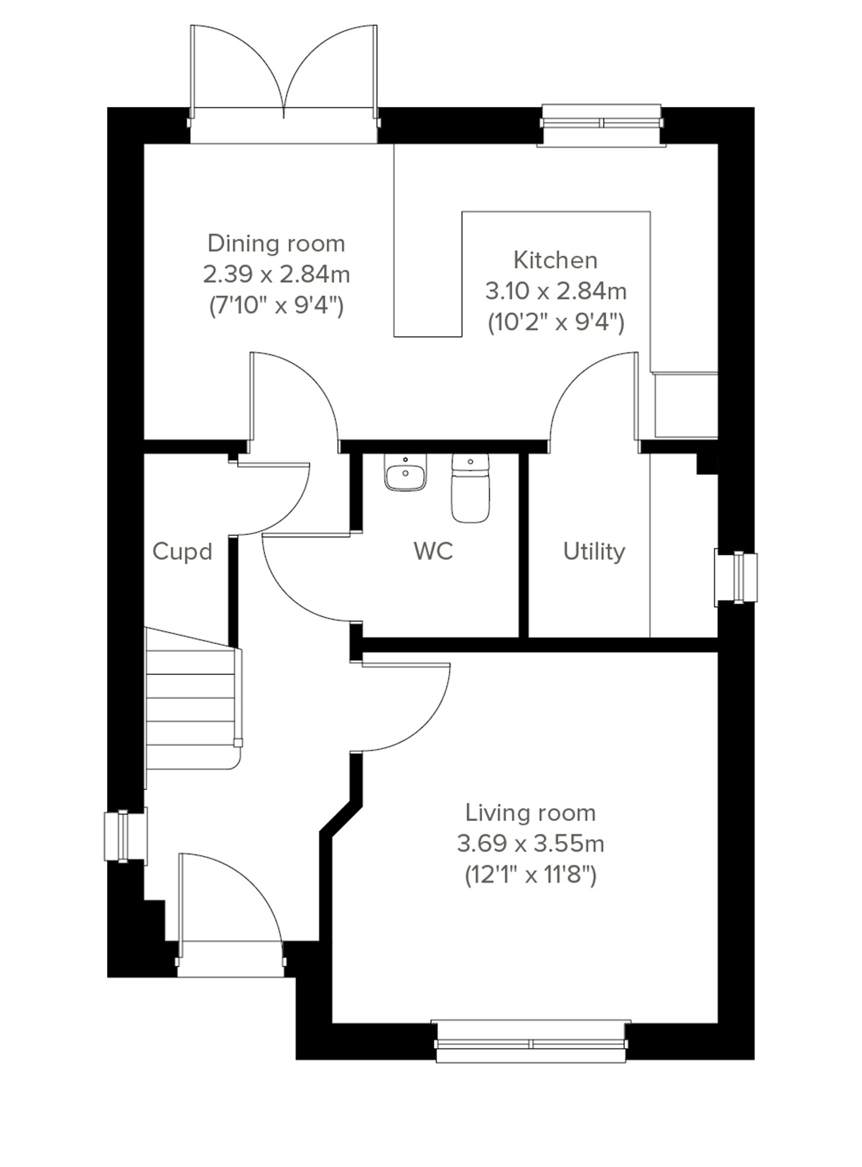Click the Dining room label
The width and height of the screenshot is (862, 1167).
(x=276, y=243)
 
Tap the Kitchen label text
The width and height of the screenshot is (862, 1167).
(x=555, y=260)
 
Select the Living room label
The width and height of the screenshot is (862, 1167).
(x=530, y=813)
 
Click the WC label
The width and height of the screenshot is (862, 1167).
(x=433, y=552)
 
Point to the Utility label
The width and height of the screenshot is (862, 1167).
(x=593, y=552)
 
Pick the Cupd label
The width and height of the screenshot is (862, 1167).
(x=182, y=552)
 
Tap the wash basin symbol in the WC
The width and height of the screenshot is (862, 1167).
(x=406, y=474)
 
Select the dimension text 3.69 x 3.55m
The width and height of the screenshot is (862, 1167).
(x=530, y=844)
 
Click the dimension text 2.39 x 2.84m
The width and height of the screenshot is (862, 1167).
(x=276, y=274)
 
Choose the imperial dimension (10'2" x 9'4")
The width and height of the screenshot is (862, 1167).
(x=555, y=322)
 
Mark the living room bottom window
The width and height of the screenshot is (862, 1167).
(x=532, y=1041)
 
